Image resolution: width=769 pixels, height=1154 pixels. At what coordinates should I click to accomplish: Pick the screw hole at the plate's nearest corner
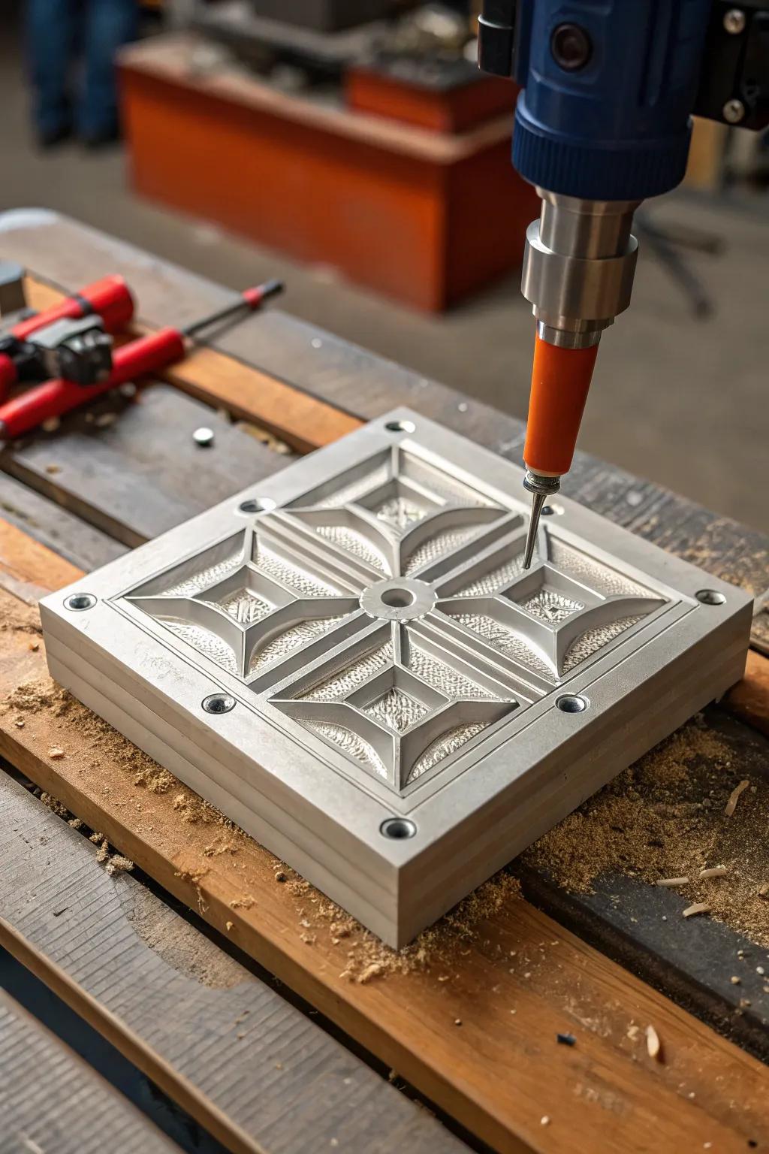click(x=397, y=828)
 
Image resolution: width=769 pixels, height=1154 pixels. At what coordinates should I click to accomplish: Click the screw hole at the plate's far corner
click(x=396, y=427)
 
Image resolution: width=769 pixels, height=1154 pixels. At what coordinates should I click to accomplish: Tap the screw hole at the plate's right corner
click(x=710, y=597)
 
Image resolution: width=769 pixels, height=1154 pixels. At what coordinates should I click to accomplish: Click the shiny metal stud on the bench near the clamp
click(x=202, y=435)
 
